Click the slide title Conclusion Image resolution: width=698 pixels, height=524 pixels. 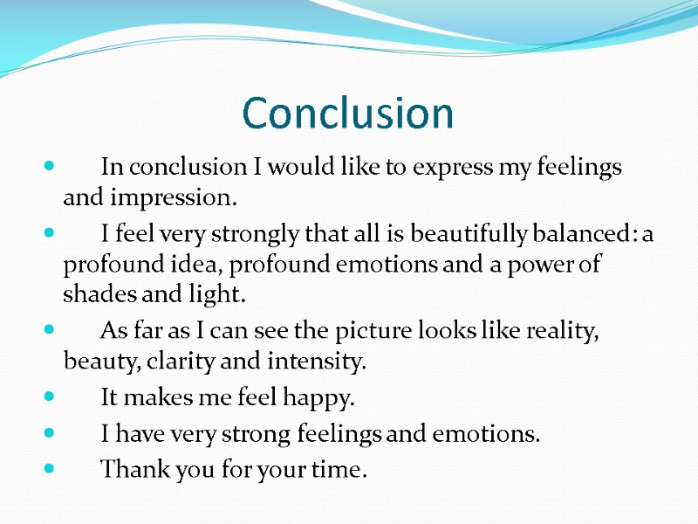[x=348, y=114]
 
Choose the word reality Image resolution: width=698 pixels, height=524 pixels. [x=565, y=331]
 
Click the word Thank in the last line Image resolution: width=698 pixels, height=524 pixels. [x=131, y=470]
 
